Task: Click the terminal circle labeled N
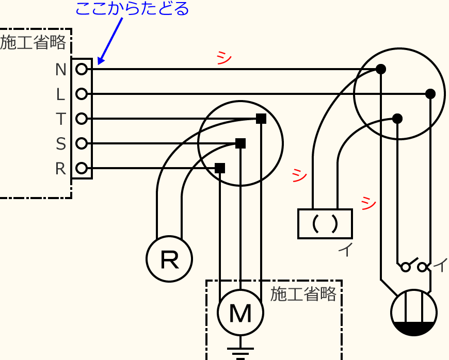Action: point(81,69)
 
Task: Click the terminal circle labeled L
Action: point(81,94)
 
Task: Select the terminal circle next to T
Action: point(81,119)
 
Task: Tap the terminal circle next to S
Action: point(81,143)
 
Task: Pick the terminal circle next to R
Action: point(81,168)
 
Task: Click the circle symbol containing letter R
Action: point(169,259)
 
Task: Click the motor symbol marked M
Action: point(240,313)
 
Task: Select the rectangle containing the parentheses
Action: point(325,223)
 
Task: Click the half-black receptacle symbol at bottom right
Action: point(414,313)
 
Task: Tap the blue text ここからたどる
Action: point(133,9)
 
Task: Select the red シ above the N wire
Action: point(224,57)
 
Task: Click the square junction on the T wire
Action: point(261,119)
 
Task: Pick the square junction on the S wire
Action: point(240,143)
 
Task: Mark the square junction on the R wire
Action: point(220,168)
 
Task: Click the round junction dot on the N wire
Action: point(381,69)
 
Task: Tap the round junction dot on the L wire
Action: point(430,94)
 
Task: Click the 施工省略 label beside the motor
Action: point(303,294)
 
